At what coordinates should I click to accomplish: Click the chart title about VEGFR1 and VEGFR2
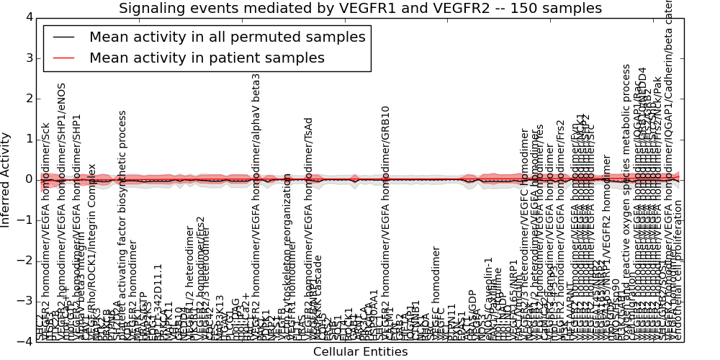point(360,9)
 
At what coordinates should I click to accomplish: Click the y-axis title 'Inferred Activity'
point(6,179)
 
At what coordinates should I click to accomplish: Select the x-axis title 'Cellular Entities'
point(360,351)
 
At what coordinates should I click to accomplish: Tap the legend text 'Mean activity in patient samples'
point(207,58)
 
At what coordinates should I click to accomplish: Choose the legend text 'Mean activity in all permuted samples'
point(228,37)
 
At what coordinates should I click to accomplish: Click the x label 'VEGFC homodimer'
point(436,292)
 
